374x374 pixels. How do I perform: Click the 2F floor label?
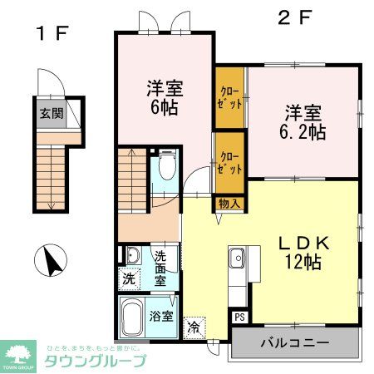(x=296, y=16)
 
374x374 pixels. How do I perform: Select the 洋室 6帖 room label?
(x=165, y=96)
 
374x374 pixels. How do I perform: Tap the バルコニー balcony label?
(x=296, y=342)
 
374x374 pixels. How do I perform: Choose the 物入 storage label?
(x=229, y=202)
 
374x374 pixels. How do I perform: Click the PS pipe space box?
(x=239, y=316)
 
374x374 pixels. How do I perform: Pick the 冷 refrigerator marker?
(x=194, y=327)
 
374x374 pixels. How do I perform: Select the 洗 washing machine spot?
(x=130, y=279)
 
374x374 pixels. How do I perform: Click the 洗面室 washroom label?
(x=160, y=268)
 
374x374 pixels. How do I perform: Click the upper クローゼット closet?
(x=230, y=98)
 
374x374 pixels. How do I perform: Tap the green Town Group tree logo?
(x=17, y=352)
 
